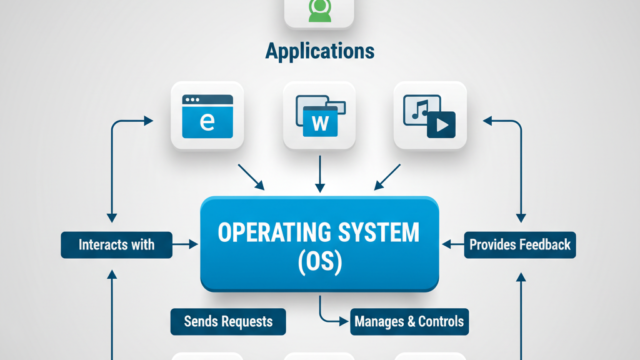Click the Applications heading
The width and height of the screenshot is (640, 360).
(x=320, y=50)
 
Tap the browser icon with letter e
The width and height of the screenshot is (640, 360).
(x=208, y=115)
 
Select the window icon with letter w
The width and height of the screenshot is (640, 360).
(x=320, y=115)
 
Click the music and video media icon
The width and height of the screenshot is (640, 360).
(x=429, y=115)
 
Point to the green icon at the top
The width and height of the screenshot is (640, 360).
(x=320, y=10)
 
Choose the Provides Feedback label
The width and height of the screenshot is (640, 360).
(x=521, y=242)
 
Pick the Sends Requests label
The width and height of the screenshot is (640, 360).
(x=227, y=321)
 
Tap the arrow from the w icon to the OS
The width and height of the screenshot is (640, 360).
(x=320, y=172)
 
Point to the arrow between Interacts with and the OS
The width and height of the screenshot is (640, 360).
(x=184, y=242)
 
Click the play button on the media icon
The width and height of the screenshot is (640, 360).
(x=441, y=124)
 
